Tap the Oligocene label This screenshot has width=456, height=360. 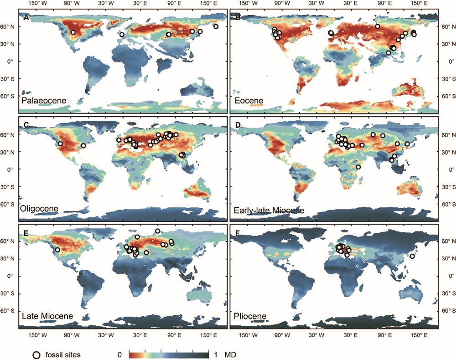click(39, 208)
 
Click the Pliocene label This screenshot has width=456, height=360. click(248, 315)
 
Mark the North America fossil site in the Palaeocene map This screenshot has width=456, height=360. click(73, 32)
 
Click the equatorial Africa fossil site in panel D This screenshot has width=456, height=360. click(358, 167)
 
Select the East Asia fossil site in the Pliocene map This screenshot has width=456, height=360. click(412, 256)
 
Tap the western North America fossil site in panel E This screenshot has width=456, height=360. click(57, 250)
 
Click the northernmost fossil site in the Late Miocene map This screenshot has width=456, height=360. click(158, 231)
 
